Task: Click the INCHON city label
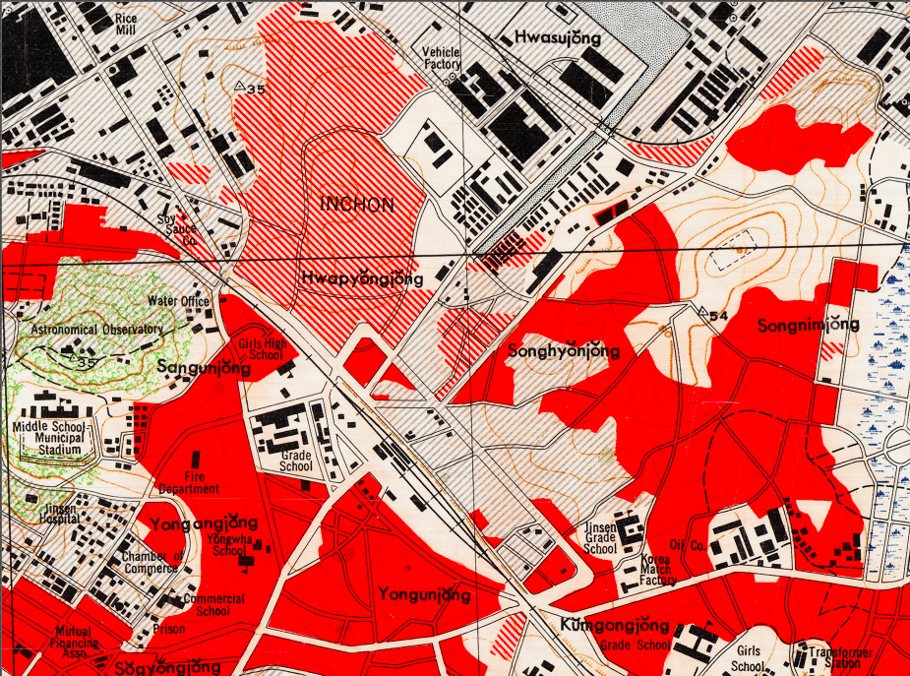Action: pos(357,205)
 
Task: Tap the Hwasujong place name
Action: pos(557,37)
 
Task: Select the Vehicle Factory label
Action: pos(442,58)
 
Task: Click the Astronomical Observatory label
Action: pos(95,329)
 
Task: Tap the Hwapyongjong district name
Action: pos(362,278)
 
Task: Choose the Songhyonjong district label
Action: pos(564,351)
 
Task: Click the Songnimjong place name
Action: pos(803,324)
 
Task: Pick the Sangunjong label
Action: pos(204,367)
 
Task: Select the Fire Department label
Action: pos(188,483)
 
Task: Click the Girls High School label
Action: pos(264,350)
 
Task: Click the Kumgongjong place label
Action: pos(615,626)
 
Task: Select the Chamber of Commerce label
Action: pos(153,563)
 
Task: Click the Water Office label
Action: pos(178,301)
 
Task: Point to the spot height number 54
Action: pos(717,316)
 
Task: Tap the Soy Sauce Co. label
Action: pos(177,229)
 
